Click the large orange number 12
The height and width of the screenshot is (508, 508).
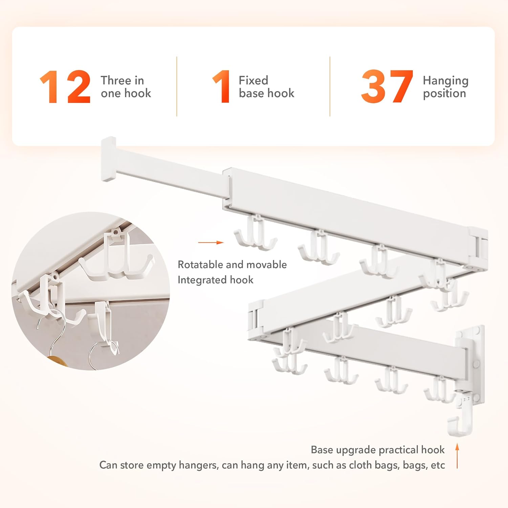[x=65, y=87]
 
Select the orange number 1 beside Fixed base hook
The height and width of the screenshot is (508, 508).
[x=222, y=87]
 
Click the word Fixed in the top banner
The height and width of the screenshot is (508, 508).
[x=253, y=80]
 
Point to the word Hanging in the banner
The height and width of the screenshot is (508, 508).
[x=445, y=81]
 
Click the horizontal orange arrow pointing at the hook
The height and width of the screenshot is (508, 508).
[x=211, y=242]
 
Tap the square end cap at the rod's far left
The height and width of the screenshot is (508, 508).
[x=108, y=159]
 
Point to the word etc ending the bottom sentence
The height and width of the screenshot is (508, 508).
[x=438, y=465]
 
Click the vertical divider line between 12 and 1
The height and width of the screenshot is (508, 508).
[x=177, y=86]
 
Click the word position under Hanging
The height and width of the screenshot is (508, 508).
[x=444, y=93]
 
